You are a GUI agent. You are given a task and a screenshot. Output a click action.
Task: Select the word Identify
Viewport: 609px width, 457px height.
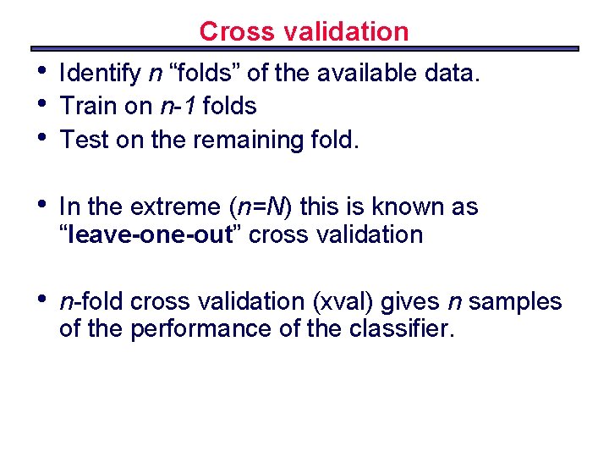[101, 74]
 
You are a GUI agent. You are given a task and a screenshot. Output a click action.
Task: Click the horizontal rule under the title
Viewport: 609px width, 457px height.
[304, 48]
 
